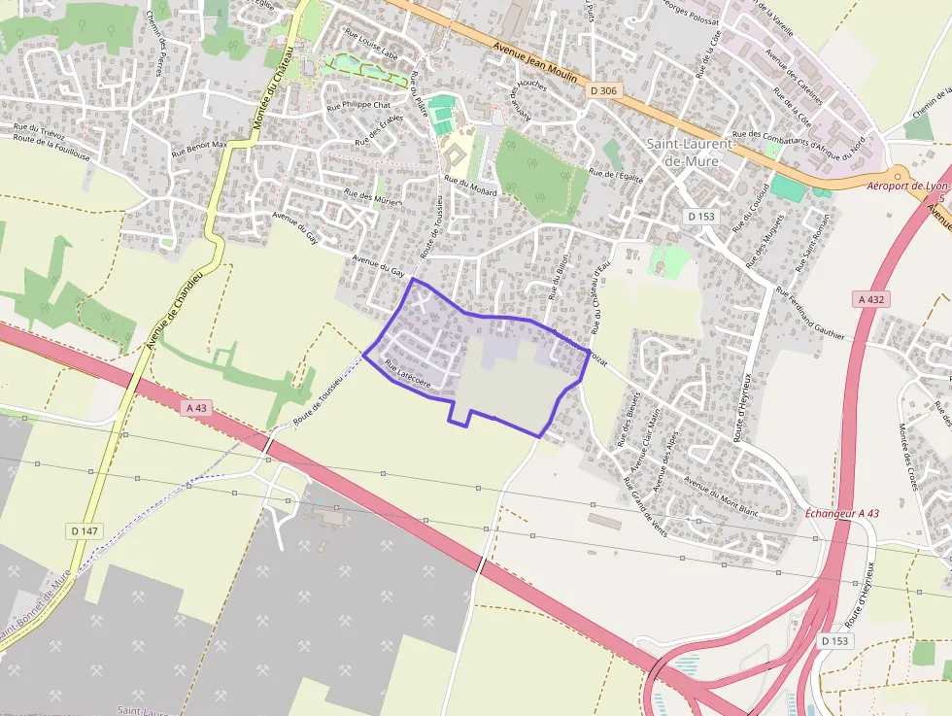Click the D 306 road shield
point(603,91)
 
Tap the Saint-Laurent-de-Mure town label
point(692,152)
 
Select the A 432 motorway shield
point(871,300)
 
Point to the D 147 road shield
point(85,531)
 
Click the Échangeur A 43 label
point(842,513)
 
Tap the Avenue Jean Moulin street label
point(535,63)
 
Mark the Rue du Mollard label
point(469,186)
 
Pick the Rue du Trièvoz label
point(39,127)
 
